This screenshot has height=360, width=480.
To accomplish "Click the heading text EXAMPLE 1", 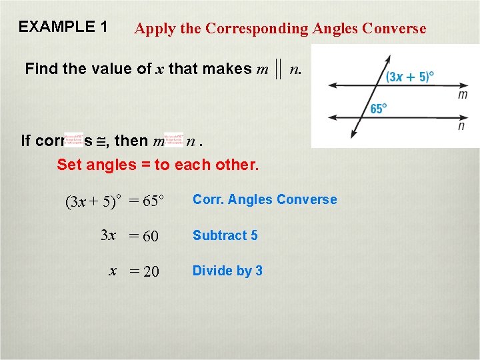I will pos(63,27).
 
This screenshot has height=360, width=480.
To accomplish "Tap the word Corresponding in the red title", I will pos(256,29).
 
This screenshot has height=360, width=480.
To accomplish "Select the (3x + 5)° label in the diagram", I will pos(410,77).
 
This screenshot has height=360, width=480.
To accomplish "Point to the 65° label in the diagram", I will pos(379,109).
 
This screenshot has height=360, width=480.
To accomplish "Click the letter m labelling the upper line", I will pos(463,95).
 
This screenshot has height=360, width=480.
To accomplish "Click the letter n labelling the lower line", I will pos(461,125).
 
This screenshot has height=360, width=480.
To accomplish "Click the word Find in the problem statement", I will pos(40,69).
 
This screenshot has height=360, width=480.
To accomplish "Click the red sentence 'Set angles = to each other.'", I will pos(157,165).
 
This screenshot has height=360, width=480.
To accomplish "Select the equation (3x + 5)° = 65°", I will pos(115,201).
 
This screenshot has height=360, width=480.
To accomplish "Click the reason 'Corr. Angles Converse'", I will pos(265,199).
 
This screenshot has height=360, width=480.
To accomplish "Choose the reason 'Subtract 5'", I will pos(225,235).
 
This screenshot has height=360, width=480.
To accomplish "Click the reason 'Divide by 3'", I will pos(227,271).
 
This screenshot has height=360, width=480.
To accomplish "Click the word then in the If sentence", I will pos(131,141).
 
